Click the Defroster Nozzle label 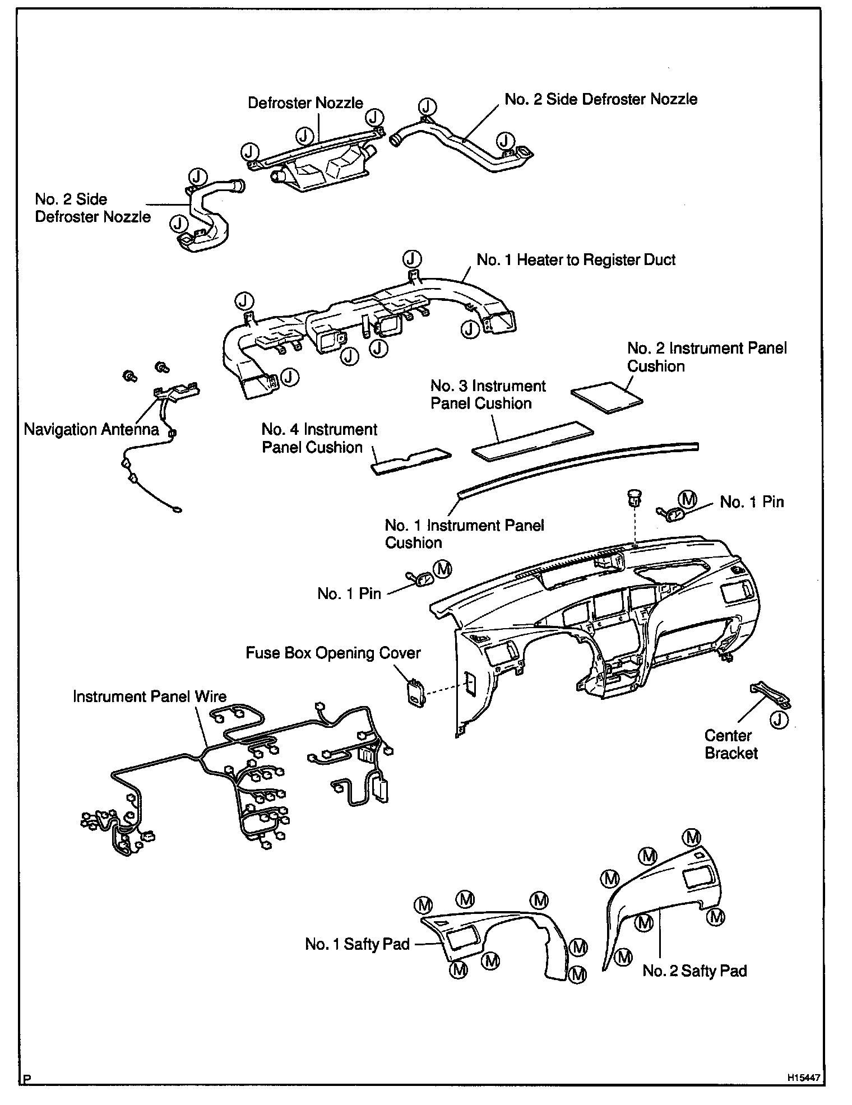click(x=305, y=103)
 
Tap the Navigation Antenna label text click(x=91, y=430)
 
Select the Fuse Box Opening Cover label click(x=333, y=653)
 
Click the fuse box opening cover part click(x=415, y=694)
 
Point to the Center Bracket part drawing click(x=771, y=694)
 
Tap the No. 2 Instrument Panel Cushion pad click(x=607, y=396)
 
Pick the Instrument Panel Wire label click(x=150, y=697)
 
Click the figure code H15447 click(x=803, y=1078)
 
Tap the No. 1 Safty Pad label click(x=358, y=944)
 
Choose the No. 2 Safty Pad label click(x=694, y=971)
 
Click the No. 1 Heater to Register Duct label click(x=576, y=260)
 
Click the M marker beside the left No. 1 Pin click(x=443, y=569)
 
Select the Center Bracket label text click(x=731, y=744)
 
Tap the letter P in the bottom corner click(x=26, y=1078)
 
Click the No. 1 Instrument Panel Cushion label click(x=464, y=534)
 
